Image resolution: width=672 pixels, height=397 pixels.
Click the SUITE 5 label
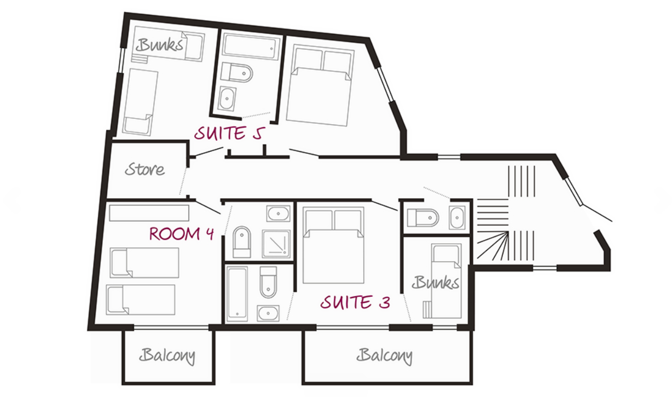230,133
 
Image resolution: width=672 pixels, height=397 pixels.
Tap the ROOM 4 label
182,234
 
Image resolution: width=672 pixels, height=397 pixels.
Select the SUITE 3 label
355,302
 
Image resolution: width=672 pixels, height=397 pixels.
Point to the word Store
144,170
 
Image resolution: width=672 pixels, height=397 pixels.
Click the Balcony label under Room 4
167,356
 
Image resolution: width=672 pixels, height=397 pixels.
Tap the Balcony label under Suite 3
384,356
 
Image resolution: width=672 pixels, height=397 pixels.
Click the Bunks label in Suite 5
159,45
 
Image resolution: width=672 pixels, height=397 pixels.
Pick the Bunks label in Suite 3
436,283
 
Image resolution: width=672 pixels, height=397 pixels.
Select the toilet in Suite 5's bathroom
236,72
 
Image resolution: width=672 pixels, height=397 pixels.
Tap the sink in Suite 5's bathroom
228,98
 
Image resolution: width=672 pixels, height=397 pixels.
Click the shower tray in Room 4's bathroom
276,244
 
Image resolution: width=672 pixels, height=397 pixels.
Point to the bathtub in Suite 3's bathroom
237,294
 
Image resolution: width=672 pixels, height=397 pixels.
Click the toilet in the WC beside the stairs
423,218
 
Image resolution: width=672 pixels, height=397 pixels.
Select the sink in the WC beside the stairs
457,217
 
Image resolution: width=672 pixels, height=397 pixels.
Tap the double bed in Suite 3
333,245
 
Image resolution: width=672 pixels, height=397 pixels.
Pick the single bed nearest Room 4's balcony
141,300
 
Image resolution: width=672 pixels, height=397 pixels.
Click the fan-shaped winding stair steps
493,245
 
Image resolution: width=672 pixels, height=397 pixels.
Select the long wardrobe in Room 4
149,213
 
